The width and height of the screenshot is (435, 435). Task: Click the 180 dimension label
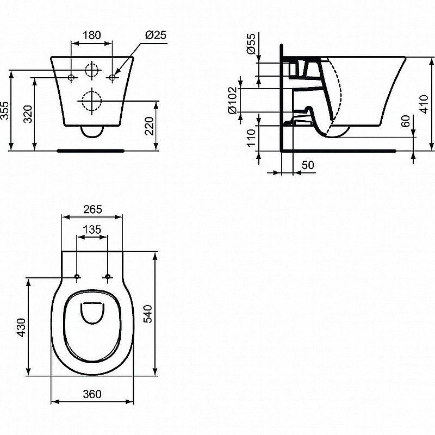[91, 35]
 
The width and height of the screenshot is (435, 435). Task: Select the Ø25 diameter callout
[156, 35]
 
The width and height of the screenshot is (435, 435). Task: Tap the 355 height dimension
[6, 111]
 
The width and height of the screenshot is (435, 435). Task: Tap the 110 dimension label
[251, 139]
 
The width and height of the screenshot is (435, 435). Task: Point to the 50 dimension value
[307, 165]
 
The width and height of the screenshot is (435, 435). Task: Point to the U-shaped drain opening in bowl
[92, 312]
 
